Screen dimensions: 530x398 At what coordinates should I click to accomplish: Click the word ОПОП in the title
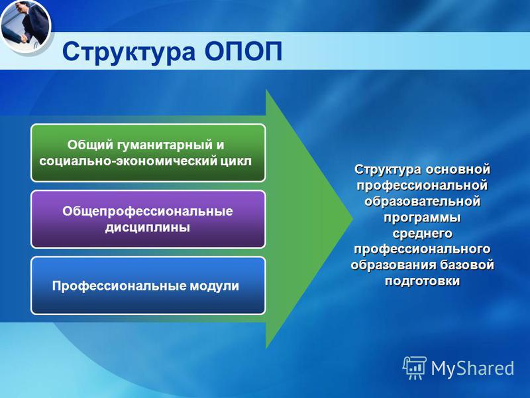[243, 52]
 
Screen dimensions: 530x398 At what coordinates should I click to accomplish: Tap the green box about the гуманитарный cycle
[148, 153]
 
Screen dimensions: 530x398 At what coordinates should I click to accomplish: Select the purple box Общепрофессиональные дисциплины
[148, 220]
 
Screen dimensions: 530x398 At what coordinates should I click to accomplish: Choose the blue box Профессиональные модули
[148, 286]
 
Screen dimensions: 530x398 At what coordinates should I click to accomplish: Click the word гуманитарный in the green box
[164, 145]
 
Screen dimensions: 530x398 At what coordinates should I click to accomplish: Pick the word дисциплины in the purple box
[148, 228]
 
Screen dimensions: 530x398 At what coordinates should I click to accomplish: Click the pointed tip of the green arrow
[353, 219]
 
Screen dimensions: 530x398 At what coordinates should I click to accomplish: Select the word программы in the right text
[422, 218]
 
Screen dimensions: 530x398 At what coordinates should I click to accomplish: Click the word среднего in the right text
[422, 233]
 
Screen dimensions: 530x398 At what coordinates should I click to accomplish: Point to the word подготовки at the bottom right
[422, 281]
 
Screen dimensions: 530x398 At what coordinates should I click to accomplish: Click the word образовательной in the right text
[422, 202]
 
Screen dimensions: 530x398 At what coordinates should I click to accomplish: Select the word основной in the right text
[458, 169]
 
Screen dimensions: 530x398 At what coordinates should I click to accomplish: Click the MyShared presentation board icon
[415, 367]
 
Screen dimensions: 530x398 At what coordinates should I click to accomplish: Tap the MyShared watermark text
[472, 368]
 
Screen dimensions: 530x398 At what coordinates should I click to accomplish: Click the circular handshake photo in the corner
[25, 25]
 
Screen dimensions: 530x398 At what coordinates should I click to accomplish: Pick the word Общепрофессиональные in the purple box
[148, 212]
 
